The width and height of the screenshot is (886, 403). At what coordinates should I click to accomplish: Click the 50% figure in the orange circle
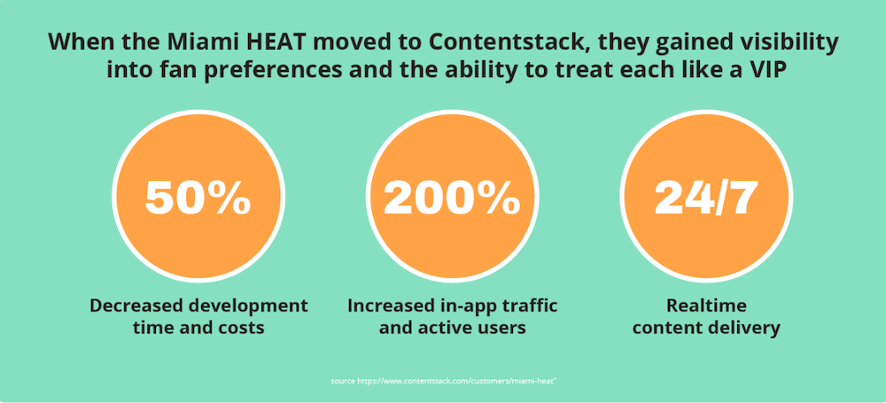(x=198, y=198)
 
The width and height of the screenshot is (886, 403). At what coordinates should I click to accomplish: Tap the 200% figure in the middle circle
(x=452, y=198)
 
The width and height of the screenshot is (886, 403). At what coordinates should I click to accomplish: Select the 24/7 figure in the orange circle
(x=706, y=198)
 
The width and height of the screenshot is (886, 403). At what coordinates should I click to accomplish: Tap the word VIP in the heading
(x=764, y=72)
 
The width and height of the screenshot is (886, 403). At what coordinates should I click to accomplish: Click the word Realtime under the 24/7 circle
(x=706, y=306)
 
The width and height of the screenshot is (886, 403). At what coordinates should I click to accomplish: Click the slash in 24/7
(x=719, y=198)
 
